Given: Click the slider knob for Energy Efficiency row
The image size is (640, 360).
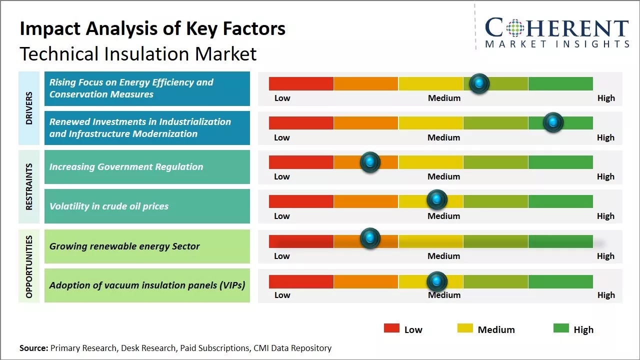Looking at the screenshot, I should point(479,83).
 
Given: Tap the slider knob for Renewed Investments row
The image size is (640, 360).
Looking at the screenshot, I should point(553,122).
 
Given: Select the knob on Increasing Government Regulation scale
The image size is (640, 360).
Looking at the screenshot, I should point(370,162).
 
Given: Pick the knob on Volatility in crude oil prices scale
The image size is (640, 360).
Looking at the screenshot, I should point(437,200).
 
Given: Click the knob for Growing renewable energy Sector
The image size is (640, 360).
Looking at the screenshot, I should point(370,238).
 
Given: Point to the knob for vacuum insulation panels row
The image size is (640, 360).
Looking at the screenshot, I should point(437,282).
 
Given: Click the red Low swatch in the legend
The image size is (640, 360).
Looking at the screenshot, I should point(391,328).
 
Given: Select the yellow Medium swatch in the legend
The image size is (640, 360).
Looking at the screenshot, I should point(465,328).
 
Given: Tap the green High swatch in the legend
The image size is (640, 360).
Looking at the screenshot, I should point(561,328).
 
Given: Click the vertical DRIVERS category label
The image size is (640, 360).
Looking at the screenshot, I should point(29,108).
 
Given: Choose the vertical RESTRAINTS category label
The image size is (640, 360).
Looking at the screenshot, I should point(29,186).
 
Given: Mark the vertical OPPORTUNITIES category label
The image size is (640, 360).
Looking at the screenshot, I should point(29,266).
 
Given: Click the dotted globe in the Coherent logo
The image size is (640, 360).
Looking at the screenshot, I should point(514,28).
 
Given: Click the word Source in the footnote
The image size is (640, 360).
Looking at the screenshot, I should point(33,348).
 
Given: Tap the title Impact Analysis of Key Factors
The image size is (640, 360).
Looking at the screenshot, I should point(152,28).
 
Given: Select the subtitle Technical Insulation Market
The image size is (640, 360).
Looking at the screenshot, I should point(138,53).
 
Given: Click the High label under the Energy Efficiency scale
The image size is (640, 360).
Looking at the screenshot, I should point(606,98).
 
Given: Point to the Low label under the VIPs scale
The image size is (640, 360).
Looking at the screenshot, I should point(282,295).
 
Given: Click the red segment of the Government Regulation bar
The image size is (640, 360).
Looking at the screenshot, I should point(301,162).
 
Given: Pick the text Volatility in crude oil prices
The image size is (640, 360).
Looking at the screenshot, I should point(109,206).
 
